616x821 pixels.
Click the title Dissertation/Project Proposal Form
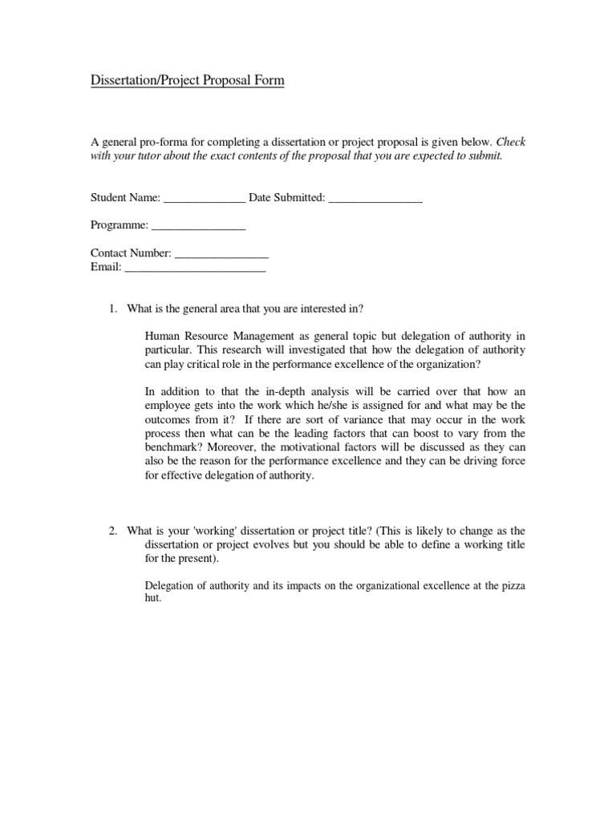click(x=187, y=81)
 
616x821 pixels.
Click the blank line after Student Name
click(x=204, y=200)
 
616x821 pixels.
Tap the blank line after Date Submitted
click(x=375, y=200)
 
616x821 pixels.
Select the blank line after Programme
click(x=198, y=229)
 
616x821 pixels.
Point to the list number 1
click(x=113, y=309)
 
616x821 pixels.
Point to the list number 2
click(x=113, y=531)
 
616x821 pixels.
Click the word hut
click(x=153, y=598)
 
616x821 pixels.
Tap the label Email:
click(x=106, y=268)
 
